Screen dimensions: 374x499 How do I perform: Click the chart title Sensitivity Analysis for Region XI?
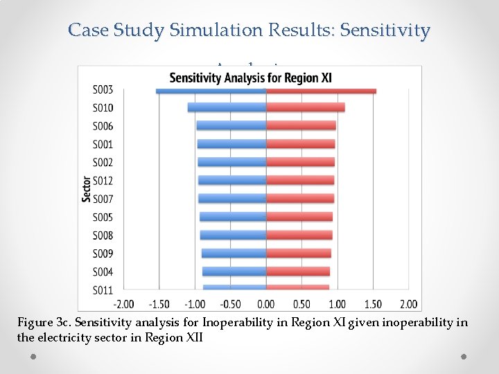point(250,78)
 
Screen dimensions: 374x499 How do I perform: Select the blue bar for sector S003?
point(211,91)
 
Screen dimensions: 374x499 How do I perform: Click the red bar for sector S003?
point(321,91)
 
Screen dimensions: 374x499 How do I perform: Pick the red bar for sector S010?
point(305,107)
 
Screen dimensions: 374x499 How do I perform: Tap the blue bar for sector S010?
point(227,107)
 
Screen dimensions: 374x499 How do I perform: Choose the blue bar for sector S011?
point(234,287)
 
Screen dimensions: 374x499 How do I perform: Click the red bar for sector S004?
point(297,271)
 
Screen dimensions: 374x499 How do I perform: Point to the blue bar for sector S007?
point(232,199)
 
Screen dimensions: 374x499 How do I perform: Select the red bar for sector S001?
point(300,144)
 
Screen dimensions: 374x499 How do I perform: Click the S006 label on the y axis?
point(103,126)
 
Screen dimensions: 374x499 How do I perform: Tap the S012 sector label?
point(103,181)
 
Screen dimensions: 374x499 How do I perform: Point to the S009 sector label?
point(103,253)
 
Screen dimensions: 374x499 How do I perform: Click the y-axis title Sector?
point(86,188)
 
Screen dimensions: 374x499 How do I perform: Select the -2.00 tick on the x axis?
point(123,304)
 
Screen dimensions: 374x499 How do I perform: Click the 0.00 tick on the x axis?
point(266,304)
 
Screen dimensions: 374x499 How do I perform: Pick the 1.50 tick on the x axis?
point(373,304)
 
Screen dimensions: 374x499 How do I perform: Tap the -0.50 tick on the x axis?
point(230,304)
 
